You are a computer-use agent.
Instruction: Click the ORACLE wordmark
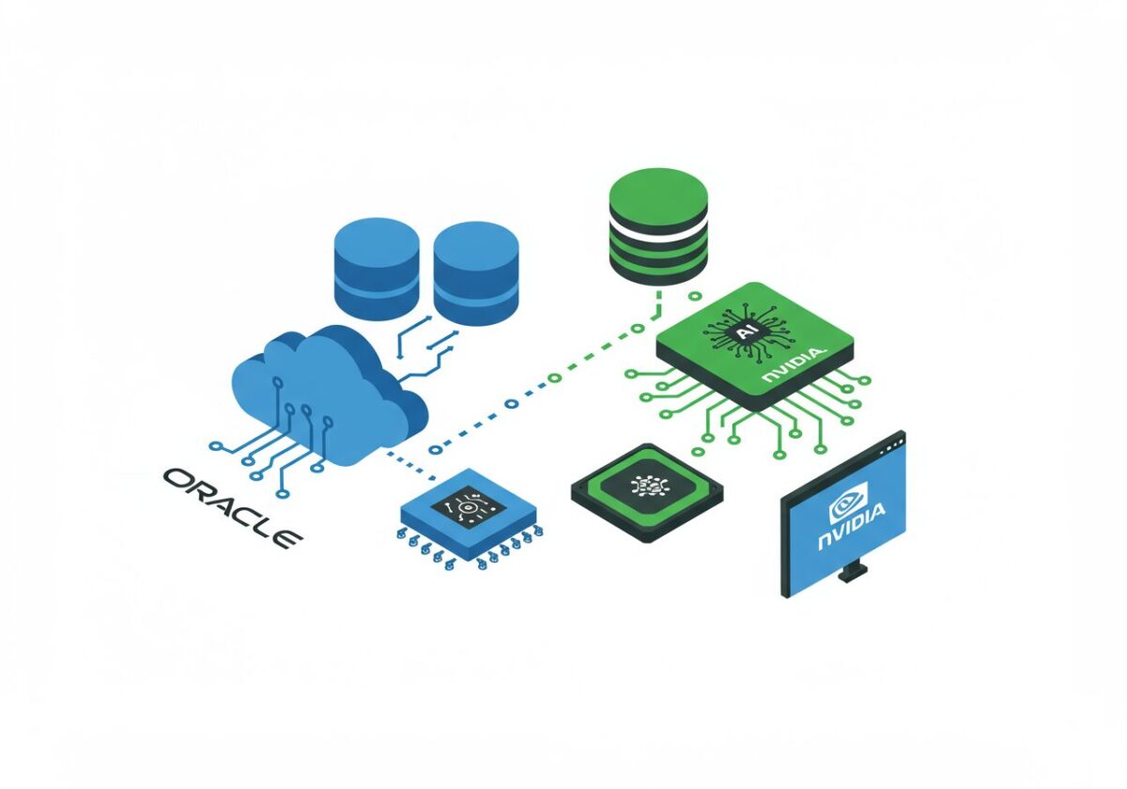(x=231, y=506)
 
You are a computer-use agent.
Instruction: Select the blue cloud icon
(x=324, y=394)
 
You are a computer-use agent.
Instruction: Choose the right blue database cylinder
(x=476, y=272)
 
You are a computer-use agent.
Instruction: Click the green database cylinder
(x=657, y=225)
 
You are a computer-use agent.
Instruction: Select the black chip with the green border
(x=647, y=489)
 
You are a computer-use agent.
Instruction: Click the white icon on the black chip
(x=647, y=485)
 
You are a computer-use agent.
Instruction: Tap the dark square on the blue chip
(x=469, y=506)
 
